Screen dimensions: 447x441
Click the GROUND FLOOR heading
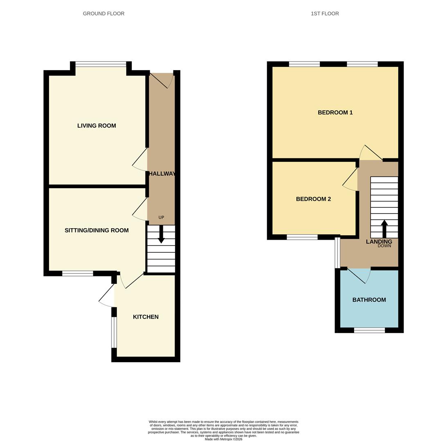pos(103,13)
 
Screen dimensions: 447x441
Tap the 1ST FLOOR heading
pos(325,13)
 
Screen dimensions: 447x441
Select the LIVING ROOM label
pos(97,125)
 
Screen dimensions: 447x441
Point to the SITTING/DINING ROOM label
pos(97,230)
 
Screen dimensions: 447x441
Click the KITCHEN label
pos(146,317)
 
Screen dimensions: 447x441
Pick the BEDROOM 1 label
pos(335,112)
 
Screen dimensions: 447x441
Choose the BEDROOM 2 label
pos(313,199)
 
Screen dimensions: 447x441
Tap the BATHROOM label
pos(369,300)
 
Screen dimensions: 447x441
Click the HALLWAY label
pos(162,174)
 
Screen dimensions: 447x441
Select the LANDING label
pos(379,242)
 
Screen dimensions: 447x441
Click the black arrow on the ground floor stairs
pos(161,234)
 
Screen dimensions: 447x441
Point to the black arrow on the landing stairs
pos(384,229)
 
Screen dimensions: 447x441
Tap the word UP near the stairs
pos(162,218)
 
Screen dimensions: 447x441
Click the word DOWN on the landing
pos(384,246)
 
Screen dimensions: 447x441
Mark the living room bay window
pos(101,64)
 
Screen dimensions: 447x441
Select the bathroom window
pos(369,330)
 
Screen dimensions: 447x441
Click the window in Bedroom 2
pos(302,237)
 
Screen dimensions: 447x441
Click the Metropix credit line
pos(223,439)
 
